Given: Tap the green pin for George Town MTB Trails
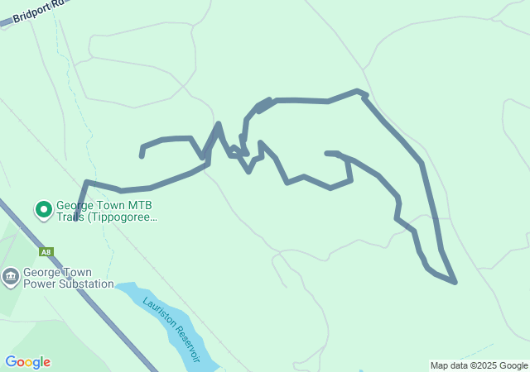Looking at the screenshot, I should [x=43, y=210].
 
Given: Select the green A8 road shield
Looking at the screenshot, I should [x=46, y=251].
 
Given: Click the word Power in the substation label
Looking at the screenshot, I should [x=39, y=284].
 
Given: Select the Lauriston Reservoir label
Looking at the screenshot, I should [x=172, y=329].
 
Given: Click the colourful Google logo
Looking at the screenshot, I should [x=27, y=362].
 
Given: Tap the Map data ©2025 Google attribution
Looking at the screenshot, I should [x=479, y=365].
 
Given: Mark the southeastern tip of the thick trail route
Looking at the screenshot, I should [x=455, y=282].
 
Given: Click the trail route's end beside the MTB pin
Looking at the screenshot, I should [x=75, y=219].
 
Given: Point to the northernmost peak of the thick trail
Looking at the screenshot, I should [x=358, y=91].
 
